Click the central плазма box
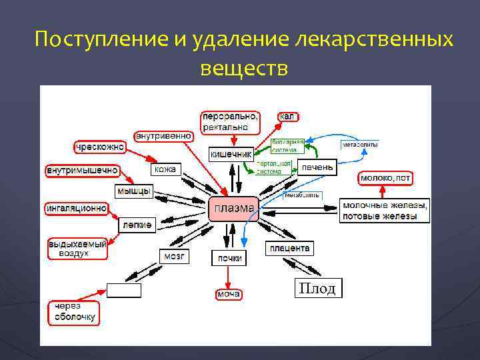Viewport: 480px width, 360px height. [233, 209]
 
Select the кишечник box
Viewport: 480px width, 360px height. [231, 154]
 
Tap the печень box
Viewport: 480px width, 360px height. [317, 167]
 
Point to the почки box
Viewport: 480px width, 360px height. [228, 257]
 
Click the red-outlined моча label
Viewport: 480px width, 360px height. [228, 294]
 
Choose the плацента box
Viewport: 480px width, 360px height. [289, 248]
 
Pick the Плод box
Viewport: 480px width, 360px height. [318, 288]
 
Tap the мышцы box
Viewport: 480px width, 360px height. [134, 191]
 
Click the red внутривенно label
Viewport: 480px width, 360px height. [164, 136]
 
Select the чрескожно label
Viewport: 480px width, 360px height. [99, 147]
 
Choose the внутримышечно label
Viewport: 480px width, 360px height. [82, 171]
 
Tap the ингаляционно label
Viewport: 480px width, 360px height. [77, 208]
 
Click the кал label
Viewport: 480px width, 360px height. [287, 117]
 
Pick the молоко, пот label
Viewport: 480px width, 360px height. [385, 178]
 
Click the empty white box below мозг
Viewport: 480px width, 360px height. [124, 290]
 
